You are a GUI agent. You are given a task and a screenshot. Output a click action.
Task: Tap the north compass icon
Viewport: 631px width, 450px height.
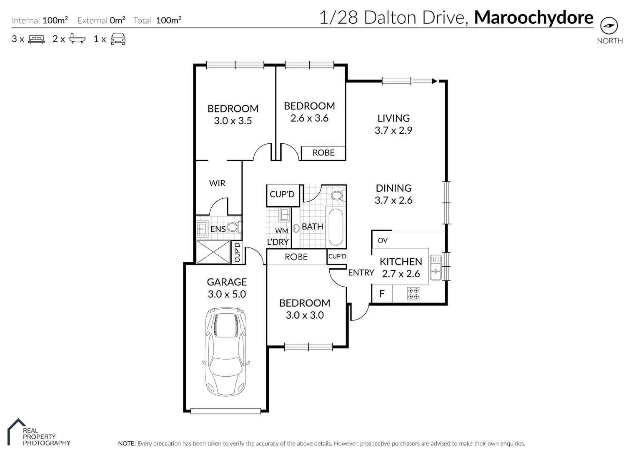609,26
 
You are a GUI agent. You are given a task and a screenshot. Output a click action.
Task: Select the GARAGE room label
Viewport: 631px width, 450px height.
227,282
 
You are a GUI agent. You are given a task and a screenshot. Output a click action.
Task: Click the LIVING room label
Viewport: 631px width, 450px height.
393,118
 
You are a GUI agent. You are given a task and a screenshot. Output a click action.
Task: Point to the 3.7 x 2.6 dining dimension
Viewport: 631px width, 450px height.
393,200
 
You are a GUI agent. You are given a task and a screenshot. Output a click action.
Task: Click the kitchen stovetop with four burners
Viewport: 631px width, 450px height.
413,293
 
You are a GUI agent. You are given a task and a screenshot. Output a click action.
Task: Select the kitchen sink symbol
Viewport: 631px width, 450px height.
436,267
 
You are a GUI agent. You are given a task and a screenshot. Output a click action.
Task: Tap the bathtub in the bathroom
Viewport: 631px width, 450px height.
336,227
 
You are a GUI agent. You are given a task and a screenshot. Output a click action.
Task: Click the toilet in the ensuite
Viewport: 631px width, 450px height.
233,227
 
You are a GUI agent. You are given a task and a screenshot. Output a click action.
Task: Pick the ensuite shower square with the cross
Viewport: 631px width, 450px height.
213,252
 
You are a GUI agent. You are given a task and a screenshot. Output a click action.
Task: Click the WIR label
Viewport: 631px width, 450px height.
217,183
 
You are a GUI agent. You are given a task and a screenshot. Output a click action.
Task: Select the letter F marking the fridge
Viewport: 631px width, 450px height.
381,294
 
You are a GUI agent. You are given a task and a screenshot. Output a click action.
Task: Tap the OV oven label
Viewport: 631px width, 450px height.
382,240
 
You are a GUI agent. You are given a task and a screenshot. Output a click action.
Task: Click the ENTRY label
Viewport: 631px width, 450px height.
361,272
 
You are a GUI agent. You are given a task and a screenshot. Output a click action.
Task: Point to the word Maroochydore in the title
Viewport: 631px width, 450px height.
533,17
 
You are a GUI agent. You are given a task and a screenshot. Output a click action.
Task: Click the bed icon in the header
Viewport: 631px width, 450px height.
36,40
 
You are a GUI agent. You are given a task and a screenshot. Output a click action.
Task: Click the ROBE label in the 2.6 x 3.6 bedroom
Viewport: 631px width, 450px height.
323,153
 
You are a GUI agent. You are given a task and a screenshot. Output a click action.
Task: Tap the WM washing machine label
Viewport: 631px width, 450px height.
281,230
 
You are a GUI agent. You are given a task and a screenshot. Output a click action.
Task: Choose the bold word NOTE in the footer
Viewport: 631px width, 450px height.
127,444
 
